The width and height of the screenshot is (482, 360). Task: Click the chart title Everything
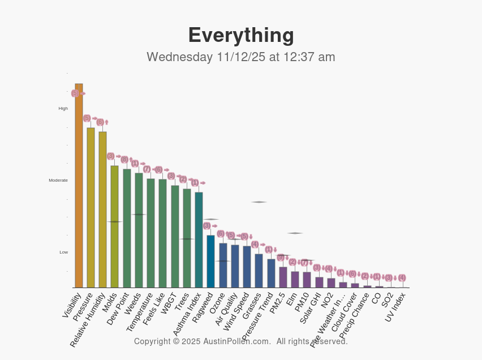click(241, 35)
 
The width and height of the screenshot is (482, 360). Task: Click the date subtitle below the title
click(241, 57)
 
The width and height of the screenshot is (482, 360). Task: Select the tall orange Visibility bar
click(79, 187)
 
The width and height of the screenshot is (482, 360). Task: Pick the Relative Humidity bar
click(102, 210)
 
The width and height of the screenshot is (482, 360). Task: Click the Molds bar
click(114, 226)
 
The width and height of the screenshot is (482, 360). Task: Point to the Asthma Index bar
click(199, 240)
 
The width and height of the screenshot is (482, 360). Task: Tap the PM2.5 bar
click(283, 277)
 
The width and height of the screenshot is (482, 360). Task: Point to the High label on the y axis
click(63, 109)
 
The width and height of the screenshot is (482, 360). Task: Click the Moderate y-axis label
click(58, 181)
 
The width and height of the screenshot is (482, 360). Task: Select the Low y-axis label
click(64, 252)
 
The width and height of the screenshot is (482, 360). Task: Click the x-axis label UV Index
click(395, 310)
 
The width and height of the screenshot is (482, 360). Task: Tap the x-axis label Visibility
click(72, 306)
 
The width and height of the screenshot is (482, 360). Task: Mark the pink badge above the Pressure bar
click(87, 118)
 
